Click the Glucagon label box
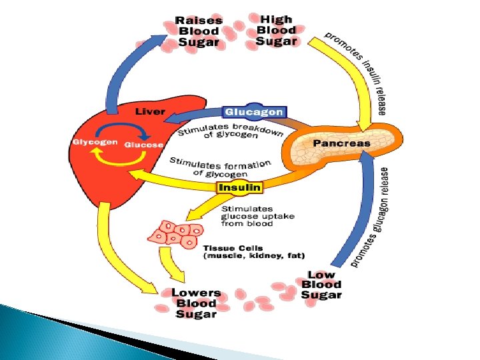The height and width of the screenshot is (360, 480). [x=254, y=112]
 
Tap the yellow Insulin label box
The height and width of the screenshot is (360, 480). [x=240, y=188]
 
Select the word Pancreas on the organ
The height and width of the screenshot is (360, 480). [x=341, y=143]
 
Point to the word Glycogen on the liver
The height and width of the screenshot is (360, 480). [x=96, y=143]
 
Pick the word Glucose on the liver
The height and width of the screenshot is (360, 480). [x=143, y=143]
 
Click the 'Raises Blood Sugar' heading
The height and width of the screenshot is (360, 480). [x=199, y=31]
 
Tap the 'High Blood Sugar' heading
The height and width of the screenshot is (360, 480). [x=276, y=31]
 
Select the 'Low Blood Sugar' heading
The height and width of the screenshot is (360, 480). [x=321, y=285]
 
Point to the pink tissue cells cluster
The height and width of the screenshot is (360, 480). [x=175, y=234]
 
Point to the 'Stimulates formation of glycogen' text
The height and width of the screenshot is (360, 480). [x=220, y=167]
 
